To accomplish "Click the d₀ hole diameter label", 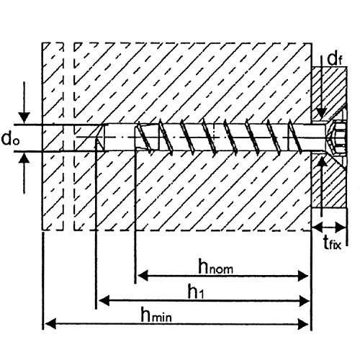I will [x=11, y=137].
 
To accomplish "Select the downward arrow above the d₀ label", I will [x=26, y=116].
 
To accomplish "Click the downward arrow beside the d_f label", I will [x=318, y=108].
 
